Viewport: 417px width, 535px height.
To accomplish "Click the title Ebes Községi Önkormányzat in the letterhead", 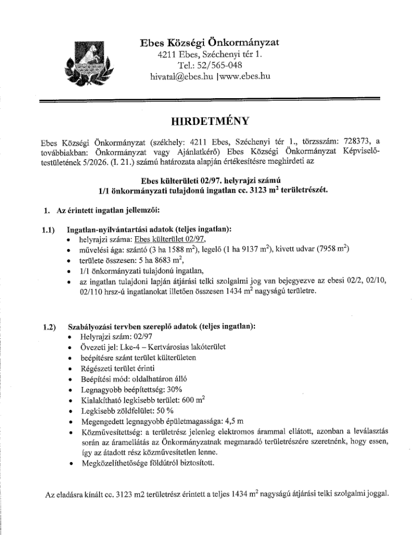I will coord(209,43).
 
